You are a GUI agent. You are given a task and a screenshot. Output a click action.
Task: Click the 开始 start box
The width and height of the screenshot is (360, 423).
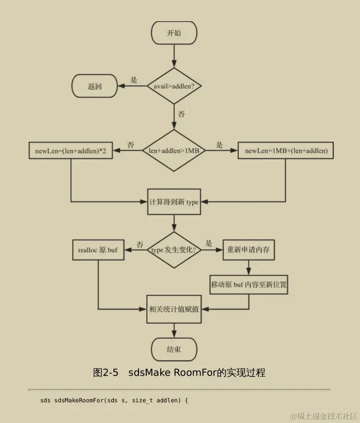tap(174, 33)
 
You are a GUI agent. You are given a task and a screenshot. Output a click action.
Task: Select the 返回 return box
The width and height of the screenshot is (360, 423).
tap(94, 86)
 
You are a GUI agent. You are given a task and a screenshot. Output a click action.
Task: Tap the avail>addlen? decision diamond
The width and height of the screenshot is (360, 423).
tap(174, 86)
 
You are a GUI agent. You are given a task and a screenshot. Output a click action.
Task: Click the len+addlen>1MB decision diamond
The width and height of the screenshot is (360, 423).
tap(174, 151)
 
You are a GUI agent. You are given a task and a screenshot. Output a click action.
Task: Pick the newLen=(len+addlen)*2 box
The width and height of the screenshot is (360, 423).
tap(70, 151)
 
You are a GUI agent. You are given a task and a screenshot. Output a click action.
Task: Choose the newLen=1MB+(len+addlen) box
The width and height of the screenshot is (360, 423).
tap(285, 151)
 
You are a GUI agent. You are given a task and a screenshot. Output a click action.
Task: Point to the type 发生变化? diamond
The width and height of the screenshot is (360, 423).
tap(174, 250)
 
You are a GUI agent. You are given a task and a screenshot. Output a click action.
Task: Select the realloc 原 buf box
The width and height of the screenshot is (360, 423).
tap(98, 250)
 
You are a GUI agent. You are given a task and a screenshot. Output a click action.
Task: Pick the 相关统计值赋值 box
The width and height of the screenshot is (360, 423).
tap(174, 309)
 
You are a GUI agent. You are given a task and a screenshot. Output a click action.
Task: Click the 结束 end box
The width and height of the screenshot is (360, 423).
tap(174, 350)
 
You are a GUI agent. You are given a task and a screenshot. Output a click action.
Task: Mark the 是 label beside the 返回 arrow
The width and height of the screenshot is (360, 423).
tap(134, 80)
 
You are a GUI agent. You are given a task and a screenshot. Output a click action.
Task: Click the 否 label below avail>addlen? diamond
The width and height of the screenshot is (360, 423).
tap(181, 114)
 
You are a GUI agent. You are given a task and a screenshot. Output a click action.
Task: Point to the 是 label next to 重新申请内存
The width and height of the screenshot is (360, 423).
tap(209, 243)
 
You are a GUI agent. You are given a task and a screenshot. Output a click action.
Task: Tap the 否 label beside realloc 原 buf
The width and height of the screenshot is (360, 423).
tap(140, 244)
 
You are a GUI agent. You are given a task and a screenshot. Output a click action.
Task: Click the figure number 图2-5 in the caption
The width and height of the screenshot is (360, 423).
tap(105, 372)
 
